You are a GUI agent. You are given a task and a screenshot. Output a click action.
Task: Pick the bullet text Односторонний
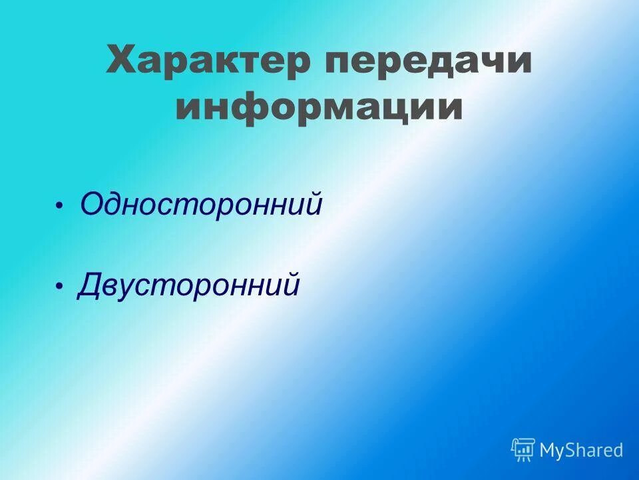click(201, 204)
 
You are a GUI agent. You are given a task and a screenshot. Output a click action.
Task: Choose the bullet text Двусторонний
click(189, 285)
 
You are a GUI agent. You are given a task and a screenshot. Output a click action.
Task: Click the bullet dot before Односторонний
click(59, 205)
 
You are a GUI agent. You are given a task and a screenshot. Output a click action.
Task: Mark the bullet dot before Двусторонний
click(59, 286)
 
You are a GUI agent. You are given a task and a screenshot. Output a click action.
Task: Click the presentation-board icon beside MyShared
click(523, 449)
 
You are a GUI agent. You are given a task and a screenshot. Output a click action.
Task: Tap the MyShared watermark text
click(581, 451)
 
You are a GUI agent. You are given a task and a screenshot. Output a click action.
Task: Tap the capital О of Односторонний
click(91, 204)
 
